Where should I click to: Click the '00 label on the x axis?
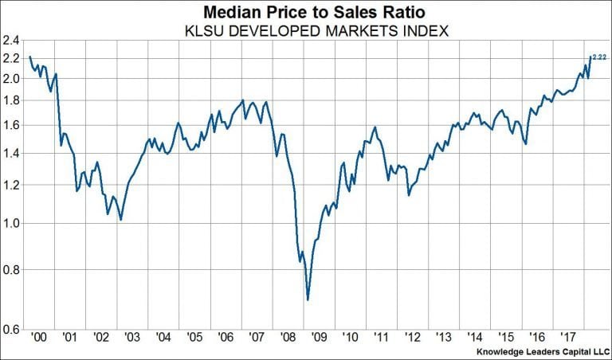tap(37, 337)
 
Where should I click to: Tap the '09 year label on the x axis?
tap(318, 337)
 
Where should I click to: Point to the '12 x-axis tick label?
tap(412, 337)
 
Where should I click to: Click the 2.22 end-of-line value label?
tap(598, 57)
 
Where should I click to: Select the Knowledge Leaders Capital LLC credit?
tap(540, 351)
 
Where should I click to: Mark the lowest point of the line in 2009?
tap(308, 299)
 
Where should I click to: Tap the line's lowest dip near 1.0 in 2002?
tap(120, 219)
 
